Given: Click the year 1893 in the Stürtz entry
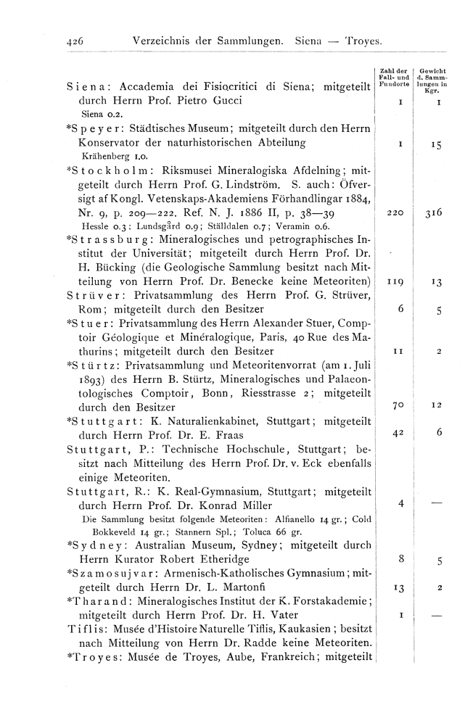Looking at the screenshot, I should (x=91, y=378).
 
